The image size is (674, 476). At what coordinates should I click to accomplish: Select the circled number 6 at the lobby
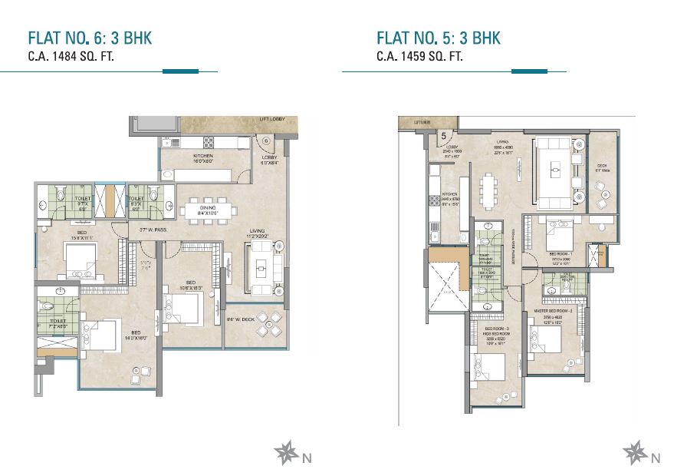click(265, 140)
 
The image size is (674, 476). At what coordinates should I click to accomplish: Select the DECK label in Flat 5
click(602, 167)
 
